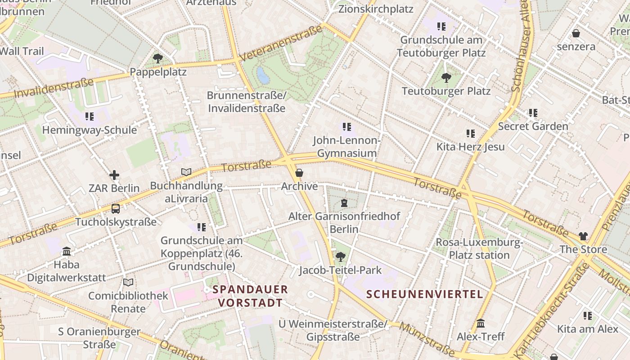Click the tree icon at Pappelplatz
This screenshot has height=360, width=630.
coord(157,58)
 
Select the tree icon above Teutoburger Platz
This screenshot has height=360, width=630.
coord(446,78)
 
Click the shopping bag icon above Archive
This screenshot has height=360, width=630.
coord(299,173)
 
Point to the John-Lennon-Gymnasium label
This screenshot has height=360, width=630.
coord(347,147)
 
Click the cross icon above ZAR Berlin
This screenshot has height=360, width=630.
coord(114,175)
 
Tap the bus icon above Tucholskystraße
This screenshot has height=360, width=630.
coord(116,209)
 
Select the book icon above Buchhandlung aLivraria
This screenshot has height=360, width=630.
coord(186,172)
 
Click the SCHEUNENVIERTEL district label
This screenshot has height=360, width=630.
coord(424,294)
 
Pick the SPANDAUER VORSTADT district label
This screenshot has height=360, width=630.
coord(250,296)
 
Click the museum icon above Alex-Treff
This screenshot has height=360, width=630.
coord(480,324)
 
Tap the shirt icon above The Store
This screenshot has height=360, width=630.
coord(583,236)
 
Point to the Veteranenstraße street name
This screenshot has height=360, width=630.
coord(281,44)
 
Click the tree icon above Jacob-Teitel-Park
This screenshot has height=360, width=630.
coord(340,257)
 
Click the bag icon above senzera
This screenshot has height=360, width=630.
coord(576,33)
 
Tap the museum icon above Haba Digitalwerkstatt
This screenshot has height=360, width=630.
coord(67,251)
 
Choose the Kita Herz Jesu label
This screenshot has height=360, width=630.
coord(470,147)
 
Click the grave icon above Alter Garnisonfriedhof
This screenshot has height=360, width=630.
coord(344,203)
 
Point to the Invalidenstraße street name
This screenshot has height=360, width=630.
coord(54,88)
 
